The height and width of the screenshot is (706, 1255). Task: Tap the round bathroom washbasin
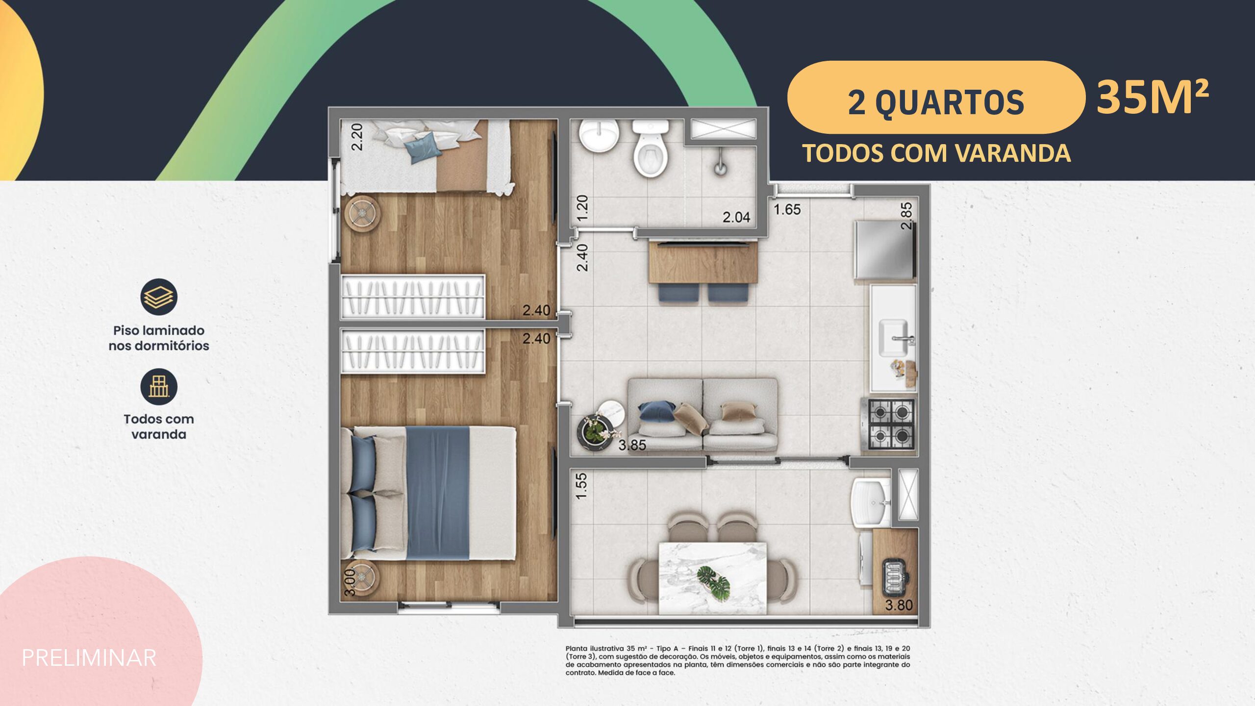pos(599,136)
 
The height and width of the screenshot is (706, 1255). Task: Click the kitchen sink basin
pos(893,337)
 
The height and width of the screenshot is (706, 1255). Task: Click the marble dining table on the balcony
pos(712,578)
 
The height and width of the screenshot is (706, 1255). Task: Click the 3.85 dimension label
pos(632,445)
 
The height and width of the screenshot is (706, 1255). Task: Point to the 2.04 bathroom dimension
pos(736,217)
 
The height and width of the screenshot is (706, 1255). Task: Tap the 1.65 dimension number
pos(787,209)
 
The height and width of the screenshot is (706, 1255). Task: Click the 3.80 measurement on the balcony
pos(899,605)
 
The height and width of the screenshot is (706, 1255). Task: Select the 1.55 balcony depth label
pos(581,486)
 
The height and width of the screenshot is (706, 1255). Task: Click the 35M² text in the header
pos(1153,98)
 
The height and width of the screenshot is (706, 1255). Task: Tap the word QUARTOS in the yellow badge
pos(950,103)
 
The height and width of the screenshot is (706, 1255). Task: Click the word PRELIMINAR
pos(89,658)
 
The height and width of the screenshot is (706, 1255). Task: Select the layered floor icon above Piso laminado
pos(159,297)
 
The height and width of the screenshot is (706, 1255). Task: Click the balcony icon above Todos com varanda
pos(159,386)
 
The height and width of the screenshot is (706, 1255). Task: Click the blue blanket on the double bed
pos(438,493)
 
